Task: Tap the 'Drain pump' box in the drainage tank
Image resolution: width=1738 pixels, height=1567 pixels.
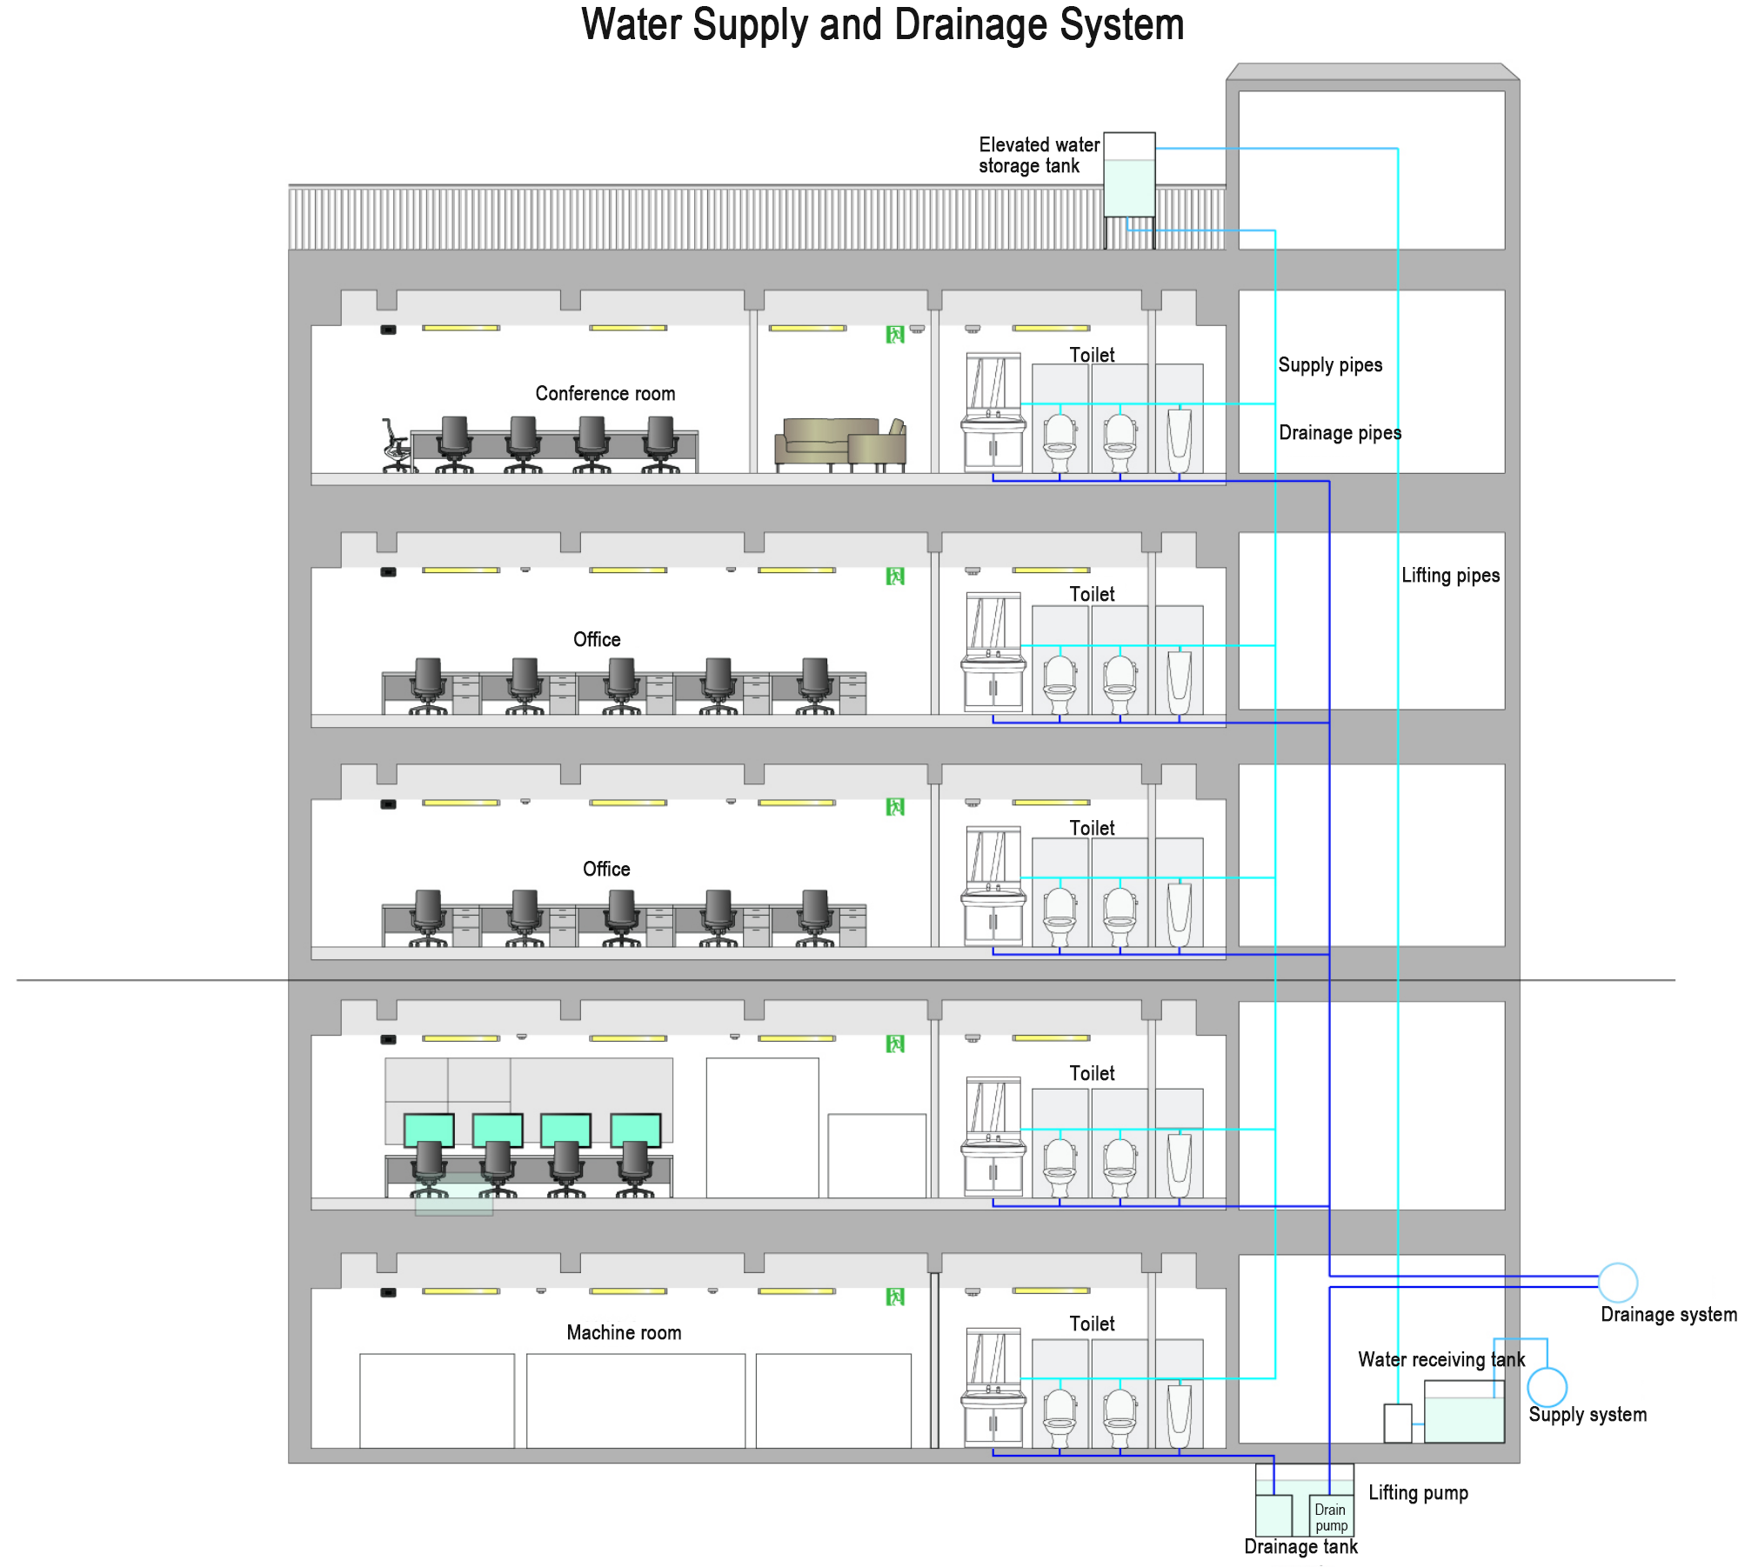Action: click(1331, 1517)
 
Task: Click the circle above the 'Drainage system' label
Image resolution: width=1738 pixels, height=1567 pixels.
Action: click(1617, 1283)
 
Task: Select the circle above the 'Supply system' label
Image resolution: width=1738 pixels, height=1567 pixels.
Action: click(1547, 1387)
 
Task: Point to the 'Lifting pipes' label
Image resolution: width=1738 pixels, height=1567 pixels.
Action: click(1450, 576)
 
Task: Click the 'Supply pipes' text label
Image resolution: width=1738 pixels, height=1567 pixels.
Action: click(1330, 365)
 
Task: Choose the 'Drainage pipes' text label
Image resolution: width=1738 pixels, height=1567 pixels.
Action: click(1340, 433)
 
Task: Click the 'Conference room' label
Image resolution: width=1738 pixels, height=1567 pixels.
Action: click(605, 394)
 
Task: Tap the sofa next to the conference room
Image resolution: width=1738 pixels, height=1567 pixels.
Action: click(839, 443)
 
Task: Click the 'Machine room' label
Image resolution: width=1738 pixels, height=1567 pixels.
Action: click(624, 1333)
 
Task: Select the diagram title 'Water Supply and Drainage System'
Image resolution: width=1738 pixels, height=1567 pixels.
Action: click(882, 24)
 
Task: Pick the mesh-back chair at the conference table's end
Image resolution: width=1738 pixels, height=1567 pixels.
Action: click(396, 445)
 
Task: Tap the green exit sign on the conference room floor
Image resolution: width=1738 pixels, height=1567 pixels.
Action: click(895, 335)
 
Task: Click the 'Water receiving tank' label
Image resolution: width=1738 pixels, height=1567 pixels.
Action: click(1441, 1360)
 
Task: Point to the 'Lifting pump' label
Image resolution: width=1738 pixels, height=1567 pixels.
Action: click(1418, 1493)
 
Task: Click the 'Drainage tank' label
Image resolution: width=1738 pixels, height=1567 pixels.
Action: click(1300, 1547)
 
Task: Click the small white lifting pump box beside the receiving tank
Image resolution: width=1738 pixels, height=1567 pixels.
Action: click(1397, 1424)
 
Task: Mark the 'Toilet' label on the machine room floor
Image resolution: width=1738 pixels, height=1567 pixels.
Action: click(1092, 1324)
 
